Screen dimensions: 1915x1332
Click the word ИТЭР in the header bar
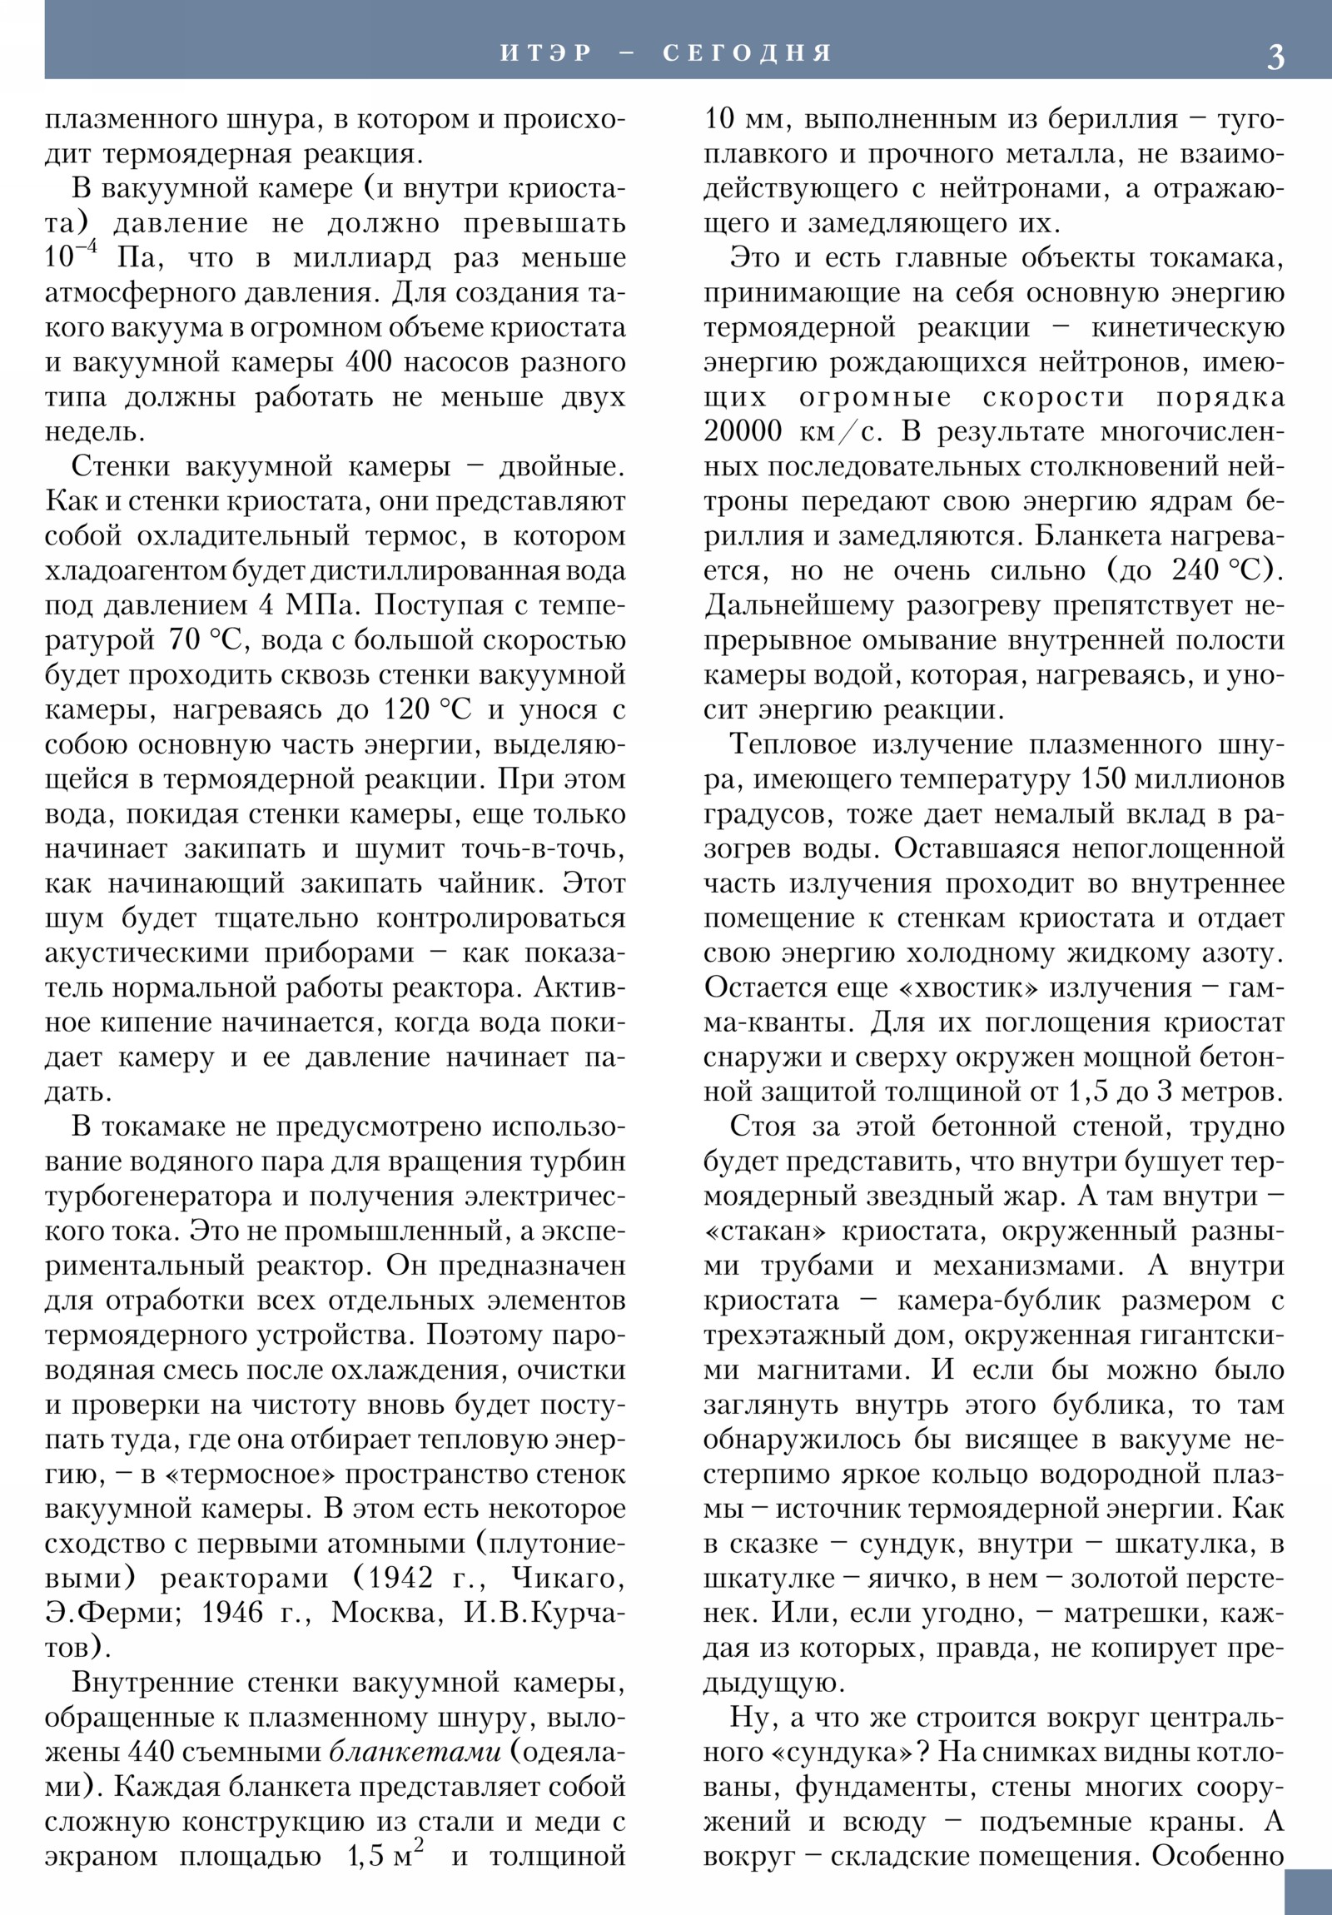pos(546,53)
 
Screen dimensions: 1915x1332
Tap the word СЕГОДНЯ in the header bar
pos(748,53)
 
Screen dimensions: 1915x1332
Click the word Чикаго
pos(568,1578)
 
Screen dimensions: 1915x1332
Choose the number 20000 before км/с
pos(742,432)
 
